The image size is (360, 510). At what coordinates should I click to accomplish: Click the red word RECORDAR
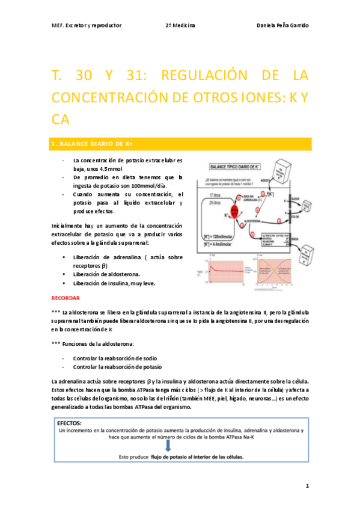pyautogui.click(x=66, y=298)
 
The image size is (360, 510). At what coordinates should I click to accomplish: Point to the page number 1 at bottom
pyautogui.click(x=307, y=485)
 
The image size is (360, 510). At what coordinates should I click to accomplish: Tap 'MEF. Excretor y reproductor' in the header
pyautogui.click(x=87, y=26)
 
